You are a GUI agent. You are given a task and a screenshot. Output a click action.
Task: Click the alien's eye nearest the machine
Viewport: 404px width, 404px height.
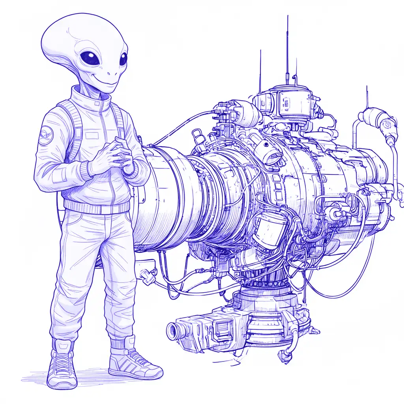pyautogui.click(x=123, y=59)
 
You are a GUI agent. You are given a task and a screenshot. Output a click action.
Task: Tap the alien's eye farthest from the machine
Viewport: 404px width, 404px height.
pyautogui.click(x=90, y=58)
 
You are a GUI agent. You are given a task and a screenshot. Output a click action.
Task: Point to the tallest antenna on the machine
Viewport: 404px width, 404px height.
pyautogui.click(x=287, y=43)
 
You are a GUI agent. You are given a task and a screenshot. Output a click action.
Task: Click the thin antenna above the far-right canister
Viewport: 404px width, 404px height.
pyautogui.click(x=367, y=97)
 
